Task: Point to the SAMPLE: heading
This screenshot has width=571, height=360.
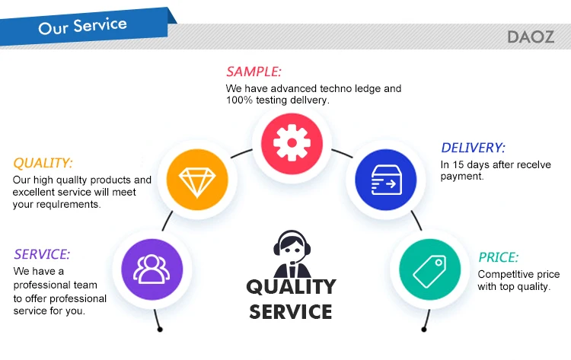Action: click(254, 72)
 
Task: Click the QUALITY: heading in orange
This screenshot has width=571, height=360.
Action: click(43, 163)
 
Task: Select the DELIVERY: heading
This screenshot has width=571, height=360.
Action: click(473, 148)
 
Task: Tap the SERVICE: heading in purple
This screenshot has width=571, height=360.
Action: click(42, 254)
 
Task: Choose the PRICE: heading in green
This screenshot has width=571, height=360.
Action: click(498, 257)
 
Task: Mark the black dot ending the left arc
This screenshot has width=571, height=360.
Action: click(160, 330)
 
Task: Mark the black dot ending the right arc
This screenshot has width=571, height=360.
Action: click(424, 329)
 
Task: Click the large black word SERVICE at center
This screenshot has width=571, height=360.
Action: click(290, 311)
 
